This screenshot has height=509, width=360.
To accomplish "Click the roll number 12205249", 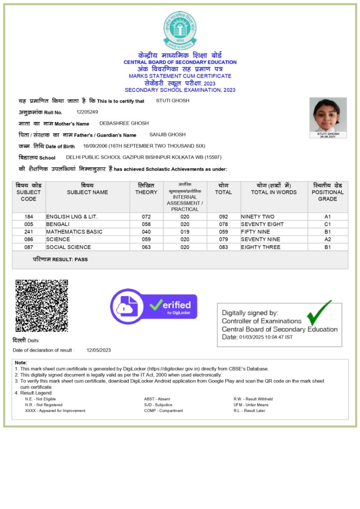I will [x=87, y=112].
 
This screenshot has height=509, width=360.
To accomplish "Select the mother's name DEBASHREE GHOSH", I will [x=124, y=123].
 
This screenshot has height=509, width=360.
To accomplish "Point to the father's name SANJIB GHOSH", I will [x=167, y=135].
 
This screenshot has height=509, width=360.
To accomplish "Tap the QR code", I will [x=42, y=305].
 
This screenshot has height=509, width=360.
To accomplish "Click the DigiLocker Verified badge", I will [x=154, y=306].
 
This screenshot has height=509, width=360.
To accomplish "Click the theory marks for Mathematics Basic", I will [x=146, y=232].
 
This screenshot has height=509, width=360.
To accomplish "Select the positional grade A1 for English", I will [x=327, y=217].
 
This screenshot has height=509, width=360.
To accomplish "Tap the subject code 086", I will [x=29, y=239].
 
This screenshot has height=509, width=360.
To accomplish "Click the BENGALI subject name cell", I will [x=58, y=224].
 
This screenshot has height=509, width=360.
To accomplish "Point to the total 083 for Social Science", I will [x=224, y=247].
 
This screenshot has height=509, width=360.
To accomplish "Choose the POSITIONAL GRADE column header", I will [x=327, y=192].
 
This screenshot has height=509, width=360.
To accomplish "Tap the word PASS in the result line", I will [x=81, y=260].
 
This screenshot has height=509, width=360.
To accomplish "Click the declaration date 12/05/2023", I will [x=99, y=350].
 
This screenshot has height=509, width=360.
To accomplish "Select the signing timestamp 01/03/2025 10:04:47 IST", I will [x=266, y=337].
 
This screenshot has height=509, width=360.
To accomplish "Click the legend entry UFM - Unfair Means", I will [x=251, y=405].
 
